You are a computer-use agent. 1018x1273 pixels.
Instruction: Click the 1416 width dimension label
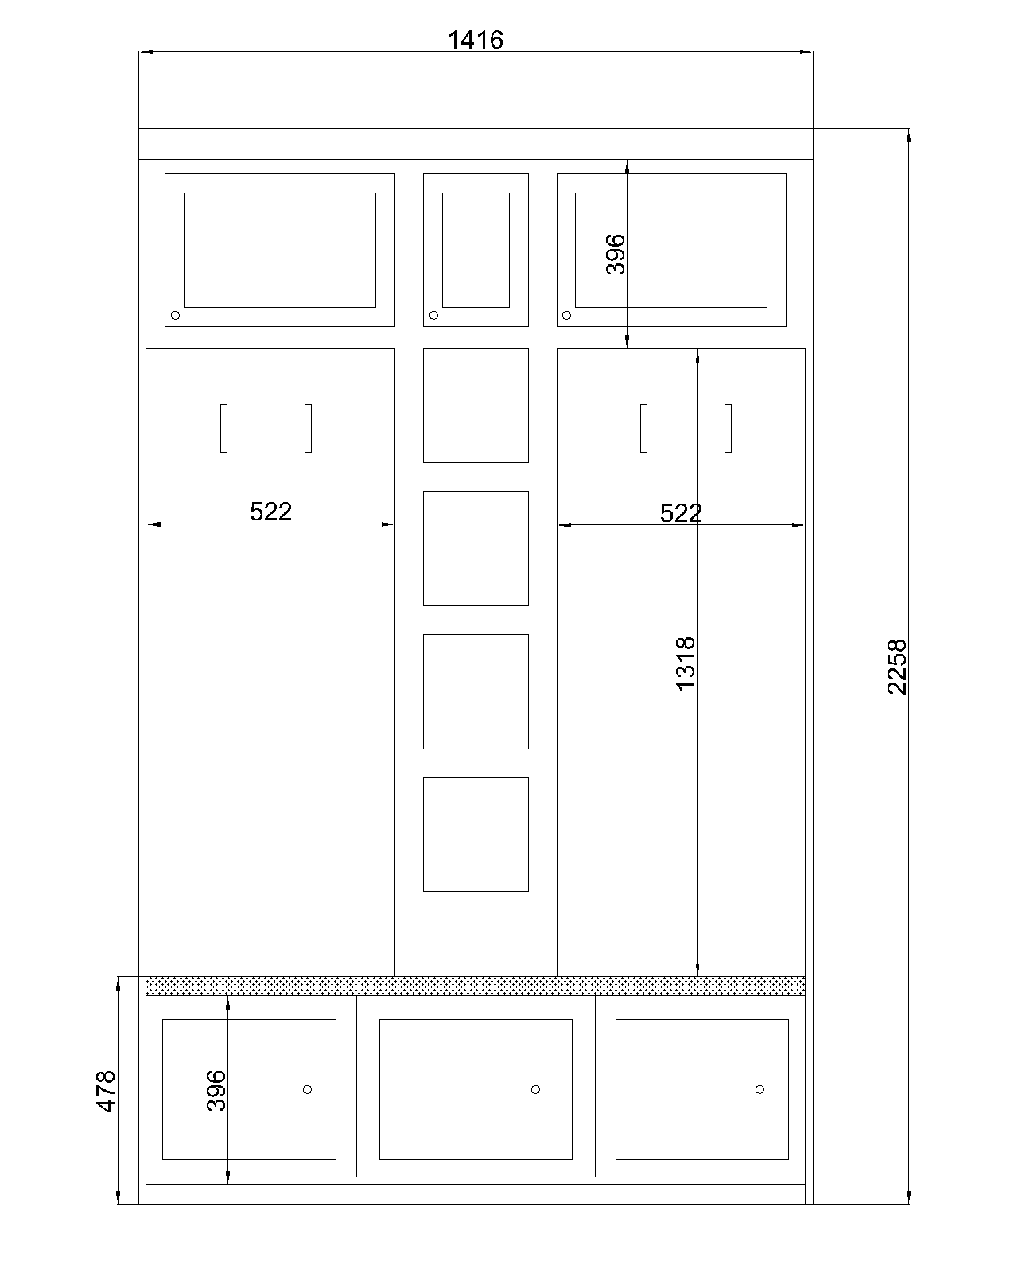[x=475, y=40]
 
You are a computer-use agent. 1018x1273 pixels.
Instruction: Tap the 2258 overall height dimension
[x=897, y=667]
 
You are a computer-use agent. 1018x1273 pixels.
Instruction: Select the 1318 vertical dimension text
[x=685, y=664]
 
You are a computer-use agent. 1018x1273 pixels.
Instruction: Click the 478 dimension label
[x=106, y=1091]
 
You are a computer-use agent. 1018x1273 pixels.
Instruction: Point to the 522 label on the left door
[x=271, y=511]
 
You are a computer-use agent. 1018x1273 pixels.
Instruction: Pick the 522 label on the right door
[x=681, y=513]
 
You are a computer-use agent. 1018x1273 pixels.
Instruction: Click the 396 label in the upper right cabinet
[x=616, y=255]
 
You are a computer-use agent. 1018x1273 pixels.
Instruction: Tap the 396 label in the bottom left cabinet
[x=216, y=1091]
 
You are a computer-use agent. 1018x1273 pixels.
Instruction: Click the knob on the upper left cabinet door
[x=175, y=315]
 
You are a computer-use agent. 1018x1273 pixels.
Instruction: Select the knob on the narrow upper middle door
[x=433, y=315]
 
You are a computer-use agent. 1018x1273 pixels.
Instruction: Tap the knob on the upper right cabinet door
[x=567, y=315]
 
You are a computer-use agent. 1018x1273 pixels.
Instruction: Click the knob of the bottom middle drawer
[x=535, y=1089]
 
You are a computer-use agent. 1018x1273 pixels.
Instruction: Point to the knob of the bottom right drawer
[x=760, y=1089]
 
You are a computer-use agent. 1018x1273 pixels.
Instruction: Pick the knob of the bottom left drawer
[x=307, y=1089]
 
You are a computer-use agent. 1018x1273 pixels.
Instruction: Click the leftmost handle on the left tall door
[x=223, y=428]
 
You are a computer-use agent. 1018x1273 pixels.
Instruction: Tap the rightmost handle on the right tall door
[x=729, y=428]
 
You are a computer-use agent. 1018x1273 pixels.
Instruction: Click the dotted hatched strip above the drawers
[x=475, y=986]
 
